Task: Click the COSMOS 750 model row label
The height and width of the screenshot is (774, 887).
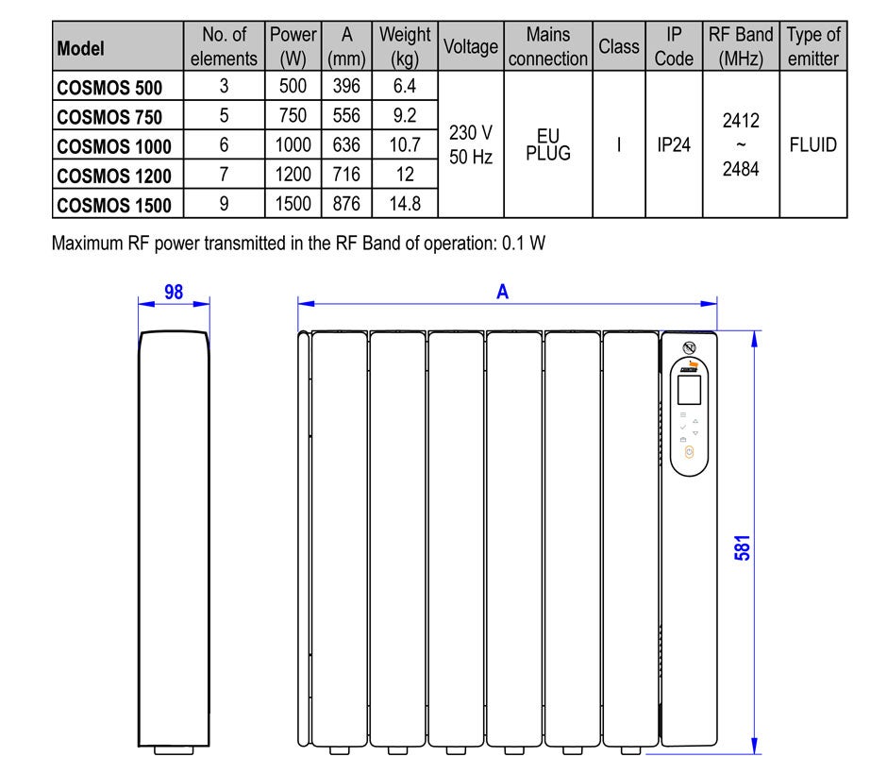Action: pyautogui.click(x=109, y=117)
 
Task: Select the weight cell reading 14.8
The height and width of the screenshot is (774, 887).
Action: pyautogui.click(x=405, y=204)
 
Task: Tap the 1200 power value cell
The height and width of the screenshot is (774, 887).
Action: pyautogui.click(x=293, y=175)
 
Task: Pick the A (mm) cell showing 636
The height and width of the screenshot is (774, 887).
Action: pyautogui.click(x=346, y=144)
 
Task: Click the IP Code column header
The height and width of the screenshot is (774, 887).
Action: pyautogui.click(x=674, y=46)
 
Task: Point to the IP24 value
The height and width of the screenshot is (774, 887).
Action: pyautogui.click(x=674, y=144)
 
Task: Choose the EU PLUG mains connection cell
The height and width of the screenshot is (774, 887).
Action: pyautogui.click(x=548, y=144)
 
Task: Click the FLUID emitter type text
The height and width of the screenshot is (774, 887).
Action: pyautogui.click(x=812, y=144)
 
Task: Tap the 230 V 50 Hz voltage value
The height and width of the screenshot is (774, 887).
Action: pyautogui.click(x=471, y=144)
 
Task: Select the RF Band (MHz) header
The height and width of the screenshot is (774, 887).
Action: pyautogui.click(x=741, y=46)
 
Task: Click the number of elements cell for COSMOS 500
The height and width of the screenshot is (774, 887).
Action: pyautogui.click(x=224, y=86)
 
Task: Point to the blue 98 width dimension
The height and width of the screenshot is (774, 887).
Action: pyautogui.click(x=174, y=292)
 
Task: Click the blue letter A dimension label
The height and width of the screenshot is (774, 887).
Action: pyautogui.click(x=502, y=292)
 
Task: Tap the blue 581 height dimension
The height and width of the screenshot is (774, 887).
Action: pyautogui.click(x=743, y=547)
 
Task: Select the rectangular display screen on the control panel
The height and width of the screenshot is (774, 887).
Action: pyautogui.click(x=689, y=389)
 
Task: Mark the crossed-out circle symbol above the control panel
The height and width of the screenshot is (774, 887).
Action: pyautogui.click(x=689, y=348)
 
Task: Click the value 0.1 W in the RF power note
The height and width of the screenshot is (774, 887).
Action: pyautogui.click(x=524, y=244)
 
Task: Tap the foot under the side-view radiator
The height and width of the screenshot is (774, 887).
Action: pyautogui.click(x=175, y=750)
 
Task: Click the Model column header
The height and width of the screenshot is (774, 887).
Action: pyautogui.click(x=80, y=49)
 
